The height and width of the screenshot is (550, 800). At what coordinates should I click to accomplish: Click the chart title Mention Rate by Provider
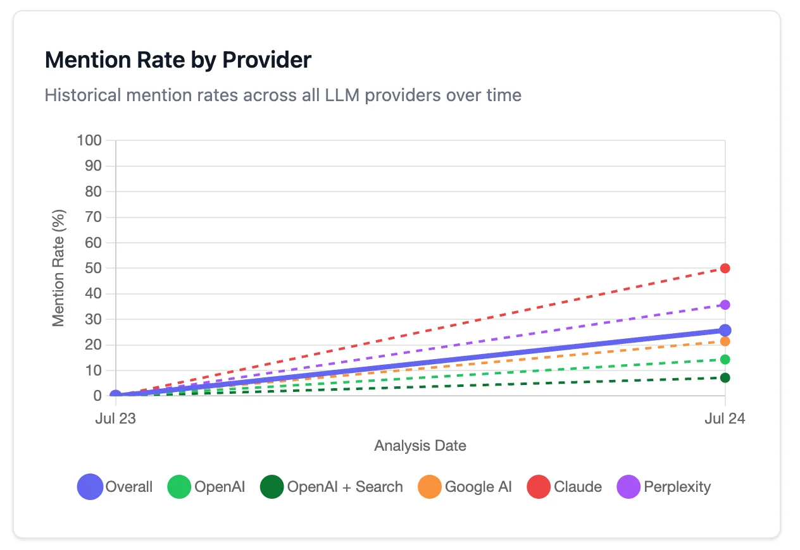pyautogui.click(x=178, y=60)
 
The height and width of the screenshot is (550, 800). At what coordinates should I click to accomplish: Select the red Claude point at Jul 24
pyautogui.click(x=725, y=268)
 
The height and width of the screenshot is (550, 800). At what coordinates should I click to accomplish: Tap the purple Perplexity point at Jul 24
pyautogui.click(x=725, y=305)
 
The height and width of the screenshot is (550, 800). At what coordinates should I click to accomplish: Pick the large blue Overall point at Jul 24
pyautogui.click(x=725, y=330)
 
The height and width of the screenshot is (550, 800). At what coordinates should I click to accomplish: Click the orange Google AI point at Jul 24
pyautogui.click(x=725, y=341)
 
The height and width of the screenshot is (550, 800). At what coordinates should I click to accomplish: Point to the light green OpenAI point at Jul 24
pyautogui.click(x=725, y=360)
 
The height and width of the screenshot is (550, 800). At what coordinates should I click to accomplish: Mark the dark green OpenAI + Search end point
pyautogui.click(x=725, y=378)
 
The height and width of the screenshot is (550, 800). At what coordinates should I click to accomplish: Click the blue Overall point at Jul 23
pyautogui.click(x=115, y=396)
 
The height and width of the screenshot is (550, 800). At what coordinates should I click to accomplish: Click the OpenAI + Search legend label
pyautogui.click(x=345, y=487)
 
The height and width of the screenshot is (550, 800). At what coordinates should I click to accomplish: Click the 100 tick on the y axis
pyautogui.click(x=89, y=140)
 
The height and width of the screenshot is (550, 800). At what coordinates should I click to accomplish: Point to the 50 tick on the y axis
pyautogui.click(x=93, y=268)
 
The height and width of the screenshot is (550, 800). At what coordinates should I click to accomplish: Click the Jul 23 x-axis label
pyautogui.click(x=115, y=419)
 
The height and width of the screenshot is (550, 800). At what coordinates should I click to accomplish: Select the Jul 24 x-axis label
pyautogui.click(x=725, y=419)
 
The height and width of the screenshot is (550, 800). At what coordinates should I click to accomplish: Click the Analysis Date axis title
pyautogui.click(x=420, y=446)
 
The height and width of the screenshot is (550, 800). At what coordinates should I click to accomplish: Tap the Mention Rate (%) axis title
pyautogui.click(x=59, y=268)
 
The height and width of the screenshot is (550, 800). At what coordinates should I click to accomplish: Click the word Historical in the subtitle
pyautogui.click(x=82, y=95)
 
